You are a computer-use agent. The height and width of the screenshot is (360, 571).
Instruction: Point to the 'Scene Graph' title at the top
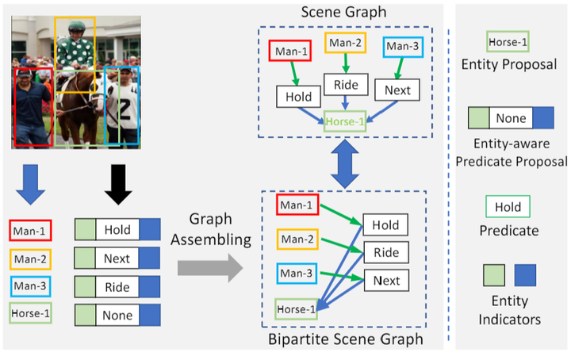[343, 12]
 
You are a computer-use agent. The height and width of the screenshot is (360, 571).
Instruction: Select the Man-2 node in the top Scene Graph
[345, 42]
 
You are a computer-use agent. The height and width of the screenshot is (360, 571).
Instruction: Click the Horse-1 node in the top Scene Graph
[344, 121]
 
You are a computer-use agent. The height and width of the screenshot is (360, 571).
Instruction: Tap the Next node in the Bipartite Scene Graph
[386, 280]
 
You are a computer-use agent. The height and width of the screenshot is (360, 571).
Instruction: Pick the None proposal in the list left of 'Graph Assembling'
[117, 315]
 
